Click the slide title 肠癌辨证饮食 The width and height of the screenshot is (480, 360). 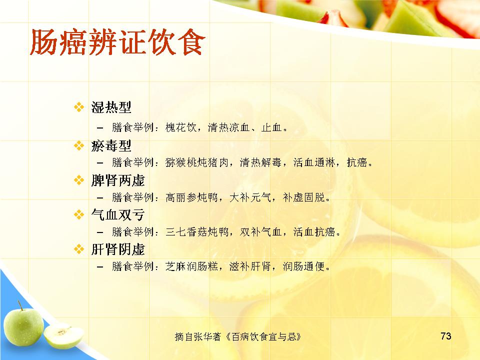117,42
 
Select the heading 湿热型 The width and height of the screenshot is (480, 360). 111,107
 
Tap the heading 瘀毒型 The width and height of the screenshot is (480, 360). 111,145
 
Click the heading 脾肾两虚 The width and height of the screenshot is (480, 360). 118,180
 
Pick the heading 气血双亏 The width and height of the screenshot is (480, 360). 118,214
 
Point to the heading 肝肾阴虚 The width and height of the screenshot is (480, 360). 118,249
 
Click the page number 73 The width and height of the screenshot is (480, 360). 446,336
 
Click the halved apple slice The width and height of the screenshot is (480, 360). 63,336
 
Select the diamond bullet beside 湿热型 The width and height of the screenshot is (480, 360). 79,107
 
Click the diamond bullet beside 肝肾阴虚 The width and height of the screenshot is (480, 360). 79,249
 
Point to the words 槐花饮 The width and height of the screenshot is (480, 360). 181,127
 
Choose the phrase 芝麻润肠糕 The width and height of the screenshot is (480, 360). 191,266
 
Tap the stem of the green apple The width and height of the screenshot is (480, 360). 20,305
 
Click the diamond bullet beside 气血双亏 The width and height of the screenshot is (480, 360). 79,214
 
